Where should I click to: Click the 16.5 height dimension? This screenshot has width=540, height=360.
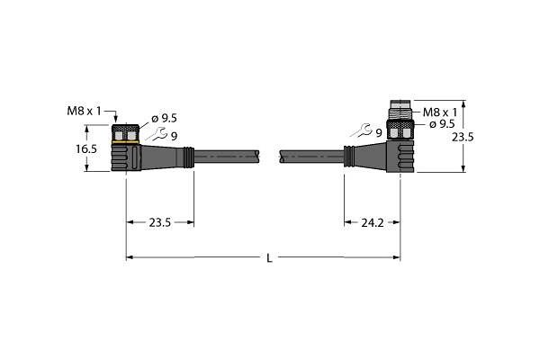86,149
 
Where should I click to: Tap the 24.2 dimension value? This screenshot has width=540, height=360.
373,223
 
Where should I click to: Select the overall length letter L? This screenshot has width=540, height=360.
269,258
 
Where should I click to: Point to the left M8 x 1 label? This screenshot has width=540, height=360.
85,111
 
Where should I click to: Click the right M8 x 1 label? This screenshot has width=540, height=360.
440,112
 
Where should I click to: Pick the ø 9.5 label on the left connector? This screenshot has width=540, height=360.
165,119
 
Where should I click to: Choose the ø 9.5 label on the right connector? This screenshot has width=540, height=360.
442,124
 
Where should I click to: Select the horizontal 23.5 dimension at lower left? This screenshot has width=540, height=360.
160,223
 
